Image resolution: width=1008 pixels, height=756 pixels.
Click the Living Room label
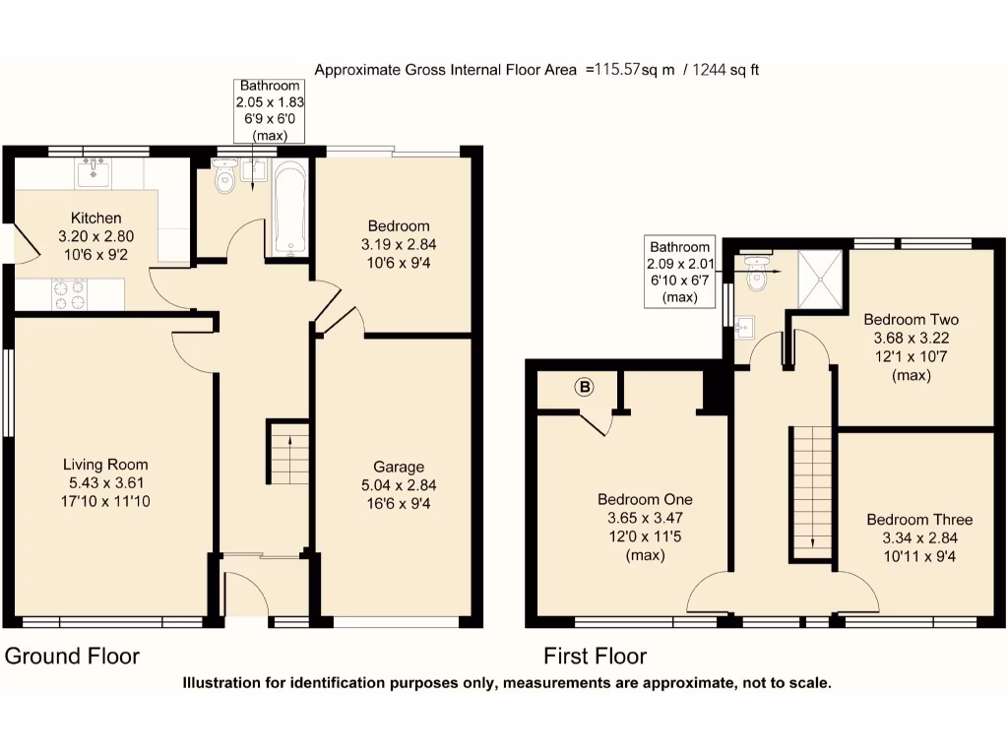point(105,465)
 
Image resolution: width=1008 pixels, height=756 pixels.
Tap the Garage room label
point(398,467)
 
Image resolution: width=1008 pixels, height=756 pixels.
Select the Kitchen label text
point(95,218)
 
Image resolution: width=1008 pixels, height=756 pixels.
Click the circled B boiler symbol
point(585,388)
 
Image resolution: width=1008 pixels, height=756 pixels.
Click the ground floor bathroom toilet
point(223,177)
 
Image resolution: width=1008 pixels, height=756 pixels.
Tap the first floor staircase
point(812,492)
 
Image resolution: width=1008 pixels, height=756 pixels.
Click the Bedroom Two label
point(911,320)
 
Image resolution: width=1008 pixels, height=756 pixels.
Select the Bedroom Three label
point(919,520)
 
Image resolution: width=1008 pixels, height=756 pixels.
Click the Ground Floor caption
point(72,657)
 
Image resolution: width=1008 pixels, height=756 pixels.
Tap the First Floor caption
point(595,657)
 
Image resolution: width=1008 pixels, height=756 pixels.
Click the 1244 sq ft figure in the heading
point(725,70)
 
